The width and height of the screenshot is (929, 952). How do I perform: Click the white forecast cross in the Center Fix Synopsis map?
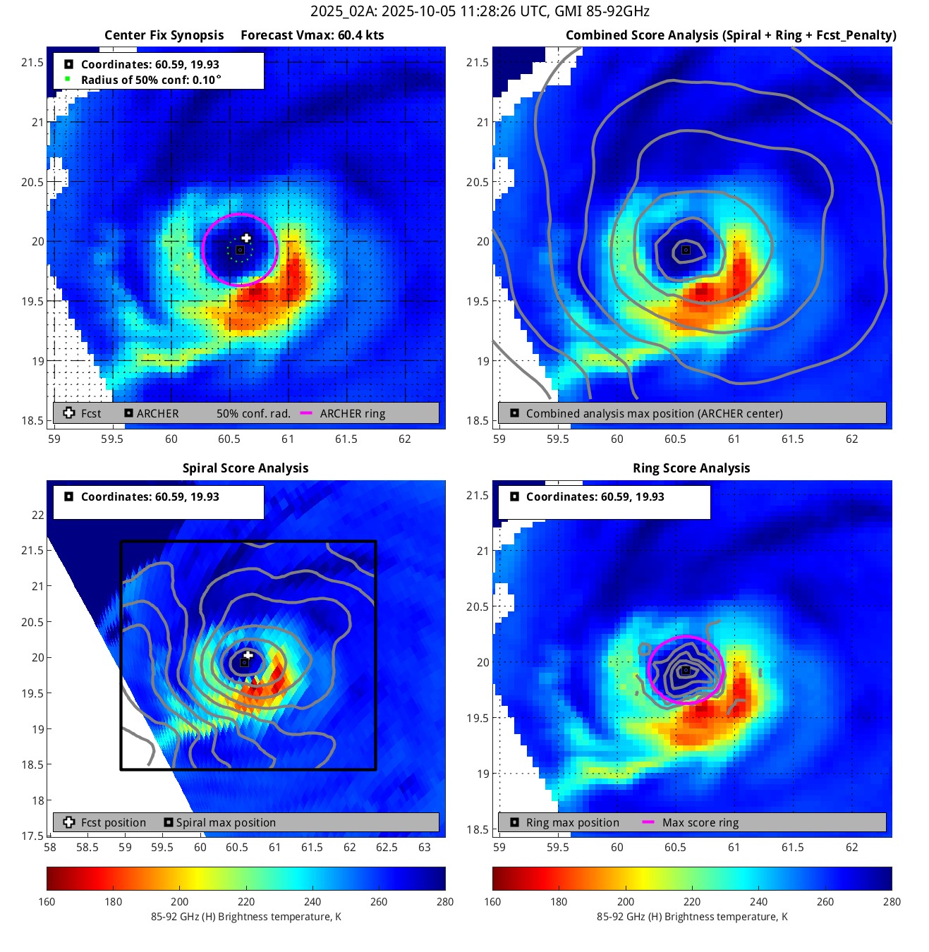pos(246,238)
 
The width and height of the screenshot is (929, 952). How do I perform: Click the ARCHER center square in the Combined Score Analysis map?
pos(685,250)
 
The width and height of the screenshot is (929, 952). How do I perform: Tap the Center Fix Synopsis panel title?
pos(164,35)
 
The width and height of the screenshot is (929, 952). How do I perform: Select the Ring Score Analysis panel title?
pos(691,468)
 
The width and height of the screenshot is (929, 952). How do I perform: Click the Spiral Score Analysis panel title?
pos(245,468)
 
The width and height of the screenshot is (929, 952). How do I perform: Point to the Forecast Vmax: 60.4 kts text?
pos(312,35)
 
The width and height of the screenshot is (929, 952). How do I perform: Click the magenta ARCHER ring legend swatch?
pos(306,413)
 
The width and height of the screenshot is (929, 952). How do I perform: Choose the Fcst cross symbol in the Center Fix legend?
pos(69,413)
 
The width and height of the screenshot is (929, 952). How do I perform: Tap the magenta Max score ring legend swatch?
pos(648,822)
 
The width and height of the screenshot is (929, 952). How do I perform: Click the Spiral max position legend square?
pos(168,822)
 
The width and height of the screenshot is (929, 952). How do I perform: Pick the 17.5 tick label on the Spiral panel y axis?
pos(32,836)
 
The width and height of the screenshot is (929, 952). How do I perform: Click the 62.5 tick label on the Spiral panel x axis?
pos(387,848)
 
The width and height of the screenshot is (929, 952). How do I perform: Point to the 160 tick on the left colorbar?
pos(47,902)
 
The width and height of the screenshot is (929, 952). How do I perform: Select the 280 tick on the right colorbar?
pos(892,902)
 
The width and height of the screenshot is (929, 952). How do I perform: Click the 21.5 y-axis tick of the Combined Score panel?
pos(478,63)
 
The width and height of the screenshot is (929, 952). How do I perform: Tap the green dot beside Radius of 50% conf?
pos(68,79)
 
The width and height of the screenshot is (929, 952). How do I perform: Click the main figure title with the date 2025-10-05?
pos(480,11)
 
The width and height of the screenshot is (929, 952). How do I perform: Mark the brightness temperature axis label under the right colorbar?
pos(691,917)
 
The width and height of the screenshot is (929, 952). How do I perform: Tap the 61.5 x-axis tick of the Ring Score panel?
pos(792,848)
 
